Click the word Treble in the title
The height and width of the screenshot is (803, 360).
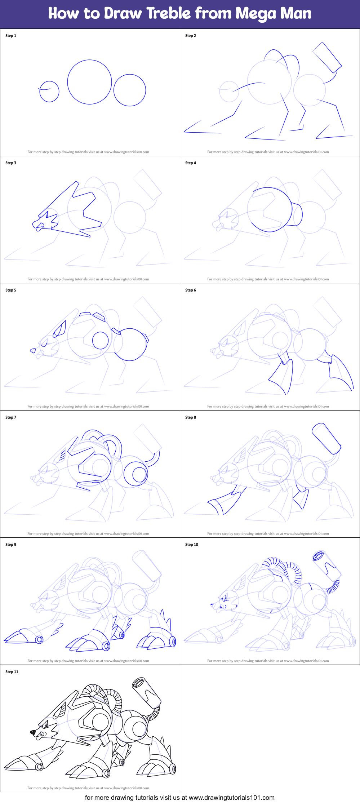coord(168,14)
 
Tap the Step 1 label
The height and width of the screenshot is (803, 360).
coord(11,36)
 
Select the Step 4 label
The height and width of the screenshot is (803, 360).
coord(191,163)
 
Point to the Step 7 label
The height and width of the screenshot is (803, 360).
coord(11,417)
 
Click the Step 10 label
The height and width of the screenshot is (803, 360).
coord(191,545)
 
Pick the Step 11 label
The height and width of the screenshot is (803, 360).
coord(12,672)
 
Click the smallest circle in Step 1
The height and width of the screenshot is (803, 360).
coord(49,92)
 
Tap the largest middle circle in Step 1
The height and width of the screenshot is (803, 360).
coord(89,82)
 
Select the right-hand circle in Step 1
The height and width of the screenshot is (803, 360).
coord(130,90)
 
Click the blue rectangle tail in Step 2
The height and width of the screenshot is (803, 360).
coord(327,57)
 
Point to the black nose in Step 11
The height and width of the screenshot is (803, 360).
coord(33,732)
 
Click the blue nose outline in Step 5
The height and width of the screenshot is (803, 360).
coord(33,350)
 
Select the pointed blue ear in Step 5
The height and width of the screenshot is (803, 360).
coord(60,329)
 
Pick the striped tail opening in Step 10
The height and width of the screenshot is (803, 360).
coord(318,556)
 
